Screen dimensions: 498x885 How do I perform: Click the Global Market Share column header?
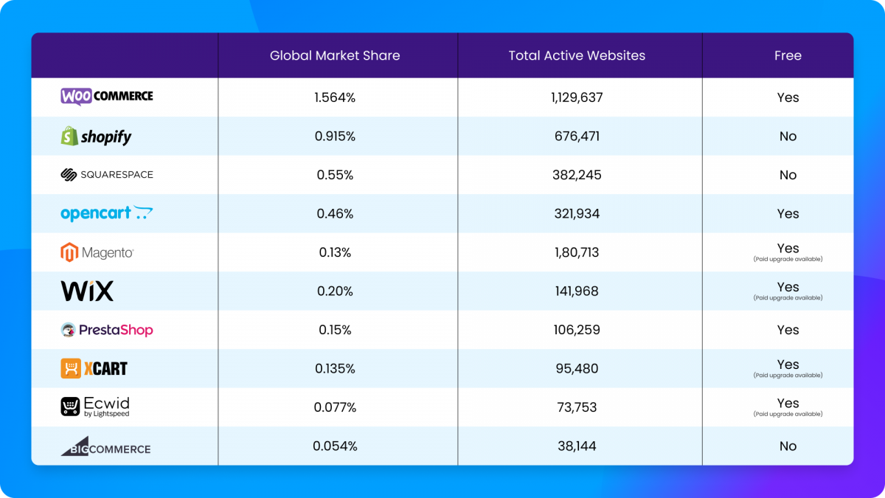[335, 55]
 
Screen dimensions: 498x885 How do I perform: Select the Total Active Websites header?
[577, 55]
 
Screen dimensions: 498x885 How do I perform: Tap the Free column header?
[788, 55]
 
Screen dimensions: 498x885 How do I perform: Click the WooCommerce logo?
[107, 96]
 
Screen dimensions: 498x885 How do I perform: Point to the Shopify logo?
[96, 136]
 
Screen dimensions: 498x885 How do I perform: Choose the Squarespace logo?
[107, 175]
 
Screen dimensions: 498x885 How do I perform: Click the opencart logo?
[107, 214]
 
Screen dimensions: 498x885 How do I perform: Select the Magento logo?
[97, 252]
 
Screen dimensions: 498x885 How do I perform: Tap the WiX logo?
[87, 291]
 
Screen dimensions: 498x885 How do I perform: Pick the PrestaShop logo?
[107, 330]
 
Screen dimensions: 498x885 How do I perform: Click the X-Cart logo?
[94, 368]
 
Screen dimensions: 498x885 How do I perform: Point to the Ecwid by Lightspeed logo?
[95, 407]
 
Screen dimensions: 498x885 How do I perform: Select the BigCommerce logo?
[105, 446]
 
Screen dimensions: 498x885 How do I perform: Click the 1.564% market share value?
[335, 97]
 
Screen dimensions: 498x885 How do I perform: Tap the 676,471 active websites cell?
[577, 136]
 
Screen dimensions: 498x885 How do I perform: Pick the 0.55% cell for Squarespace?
[335, 175]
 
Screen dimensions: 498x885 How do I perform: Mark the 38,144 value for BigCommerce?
[577, 446]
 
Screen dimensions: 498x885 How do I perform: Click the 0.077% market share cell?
[335, 407]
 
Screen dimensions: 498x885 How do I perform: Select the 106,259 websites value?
[577, 330]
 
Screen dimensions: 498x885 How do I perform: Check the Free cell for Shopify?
[788, 136]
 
